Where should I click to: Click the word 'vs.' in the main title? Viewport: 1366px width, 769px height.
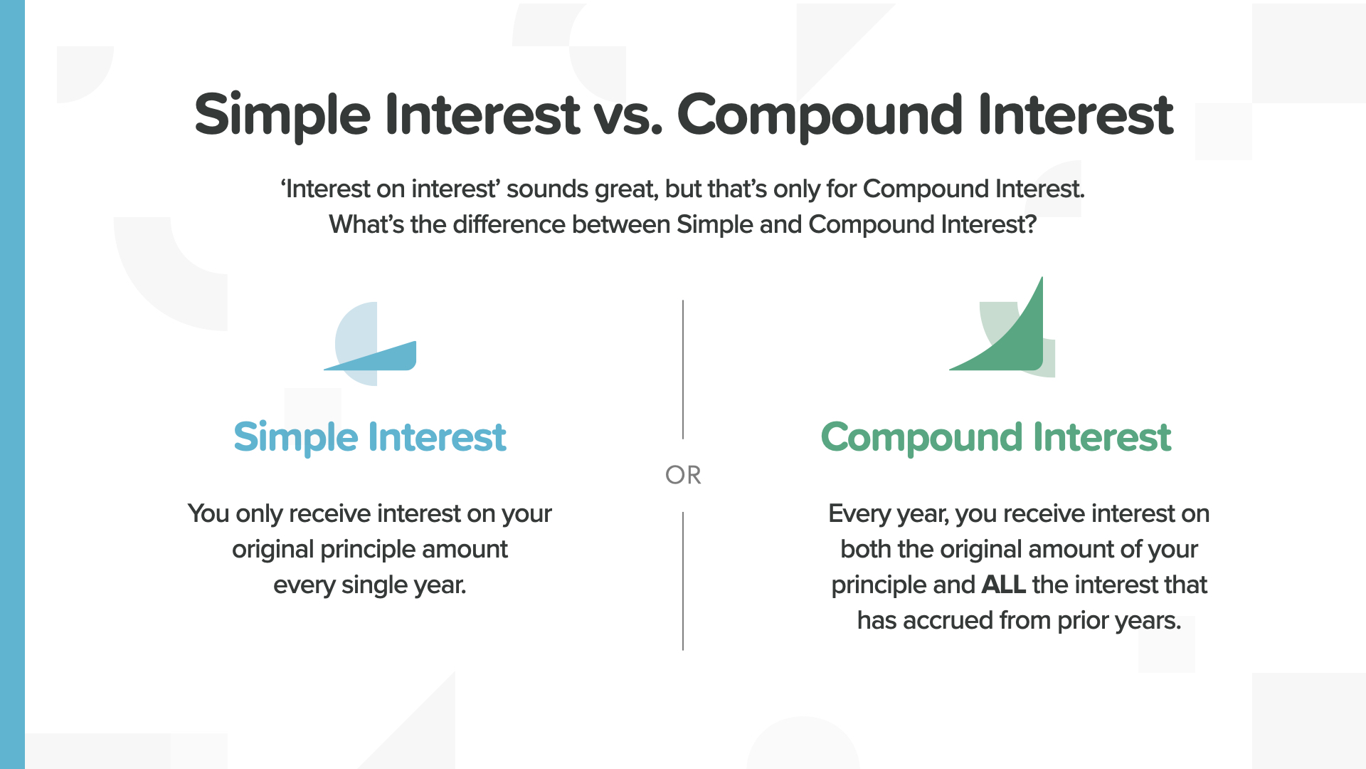point(628,116)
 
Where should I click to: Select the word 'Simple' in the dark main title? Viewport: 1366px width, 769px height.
point(282,117)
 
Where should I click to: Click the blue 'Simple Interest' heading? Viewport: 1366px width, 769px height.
point(370,438)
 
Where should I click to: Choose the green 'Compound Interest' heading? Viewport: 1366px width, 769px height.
point(996,438)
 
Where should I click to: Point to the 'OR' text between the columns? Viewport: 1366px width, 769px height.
point(683,475)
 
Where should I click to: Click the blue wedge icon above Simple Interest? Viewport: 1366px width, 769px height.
point(370,344)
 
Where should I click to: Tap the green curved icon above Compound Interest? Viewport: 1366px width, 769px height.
point(1002,327)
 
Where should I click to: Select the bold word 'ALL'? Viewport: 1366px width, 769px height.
point(1003,585)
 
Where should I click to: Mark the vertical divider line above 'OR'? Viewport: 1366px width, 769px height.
point(683,370)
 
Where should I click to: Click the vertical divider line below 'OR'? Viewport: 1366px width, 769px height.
point(683,581)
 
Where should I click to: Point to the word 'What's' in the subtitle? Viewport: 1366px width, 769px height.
point(366,225)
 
